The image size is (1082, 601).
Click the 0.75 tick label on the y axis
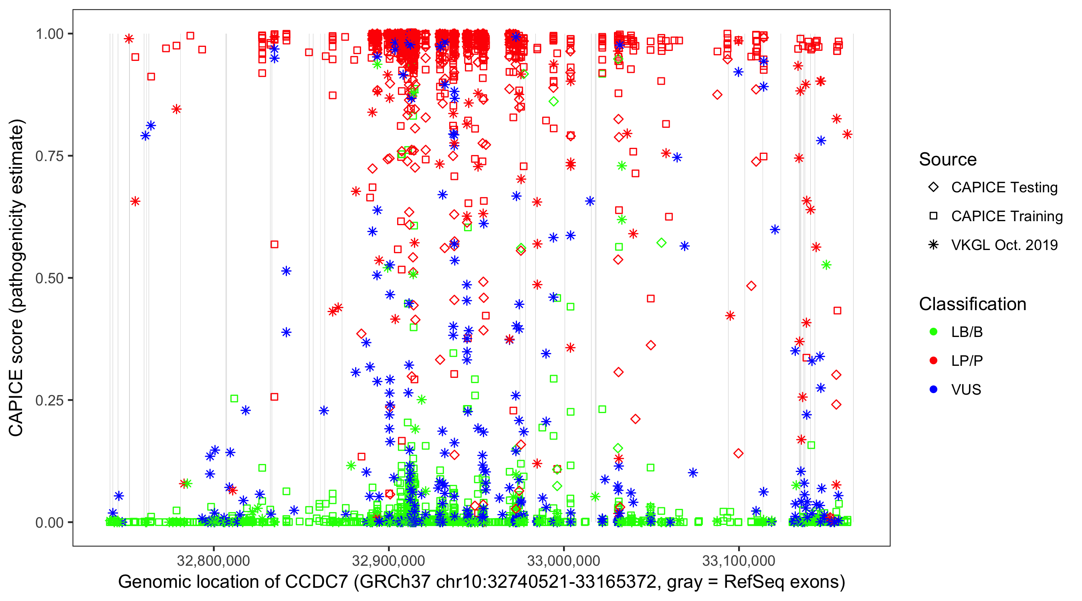[x=49, y=156]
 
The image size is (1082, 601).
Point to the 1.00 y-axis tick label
[x=49, y=34]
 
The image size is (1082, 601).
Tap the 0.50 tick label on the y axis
[x=49, y=278]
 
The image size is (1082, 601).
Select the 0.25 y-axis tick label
[x=49, y=400]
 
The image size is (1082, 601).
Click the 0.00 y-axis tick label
[x=49, y=522]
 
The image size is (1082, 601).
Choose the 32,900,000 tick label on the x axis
[x=389, y=561]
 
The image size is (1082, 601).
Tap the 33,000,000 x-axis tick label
[x=564, y=561]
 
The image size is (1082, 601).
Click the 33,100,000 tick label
[x=739, y=561]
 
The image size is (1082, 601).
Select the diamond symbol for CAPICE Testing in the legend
[x=933, y=188]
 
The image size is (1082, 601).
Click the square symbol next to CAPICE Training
[x=933, y=216]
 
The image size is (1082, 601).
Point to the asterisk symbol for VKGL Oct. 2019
[x=933, y=245]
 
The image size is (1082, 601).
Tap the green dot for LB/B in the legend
[x=933, y=332]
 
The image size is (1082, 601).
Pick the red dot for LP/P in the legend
[x=933, y=361]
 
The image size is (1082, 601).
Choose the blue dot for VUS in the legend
[x=933, y=389]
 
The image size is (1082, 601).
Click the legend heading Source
[x=948, y=159]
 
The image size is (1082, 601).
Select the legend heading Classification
[x=972, y=304]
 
